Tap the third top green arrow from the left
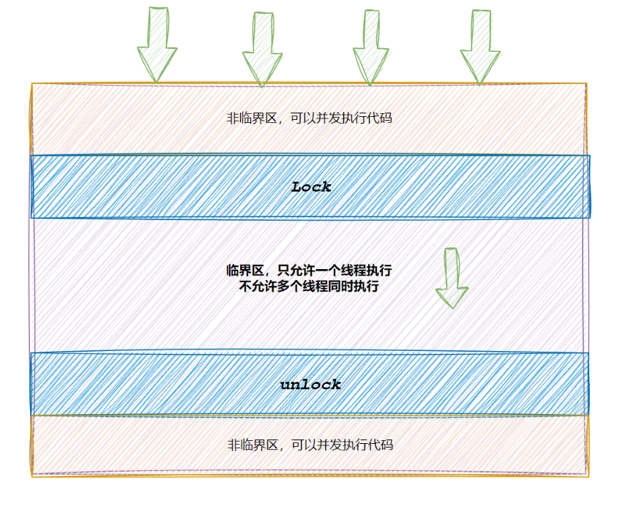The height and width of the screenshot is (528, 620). pyautogui.click(x=371, y=46)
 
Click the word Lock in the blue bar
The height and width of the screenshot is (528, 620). pyautogui.click(x=311, y=186)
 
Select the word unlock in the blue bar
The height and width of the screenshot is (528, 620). pyautogui.click(x=310, y=384)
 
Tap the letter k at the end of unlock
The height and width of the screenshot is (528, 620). pyautogui.click(x=336, y=384)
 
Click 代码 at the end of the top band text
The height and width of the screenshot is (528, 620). pyautogui.click(x=381, y=118)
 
